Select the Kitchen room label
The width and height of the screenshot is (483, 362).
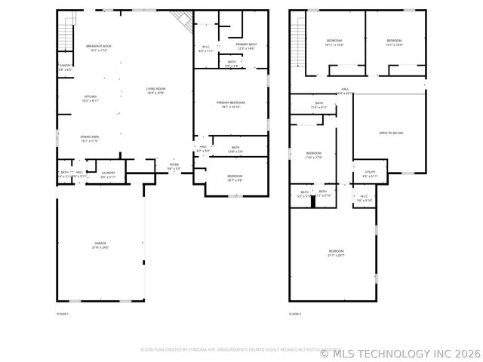click(90, 98)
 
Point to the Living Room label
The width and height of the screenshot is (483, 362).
click(155, 91)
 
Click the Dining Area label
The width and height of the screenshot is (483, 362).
click(90, 139)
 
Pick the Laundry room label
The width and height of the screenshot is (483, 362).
click(108, 174)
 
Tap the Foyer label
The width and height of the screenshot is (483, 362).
click(174, 166)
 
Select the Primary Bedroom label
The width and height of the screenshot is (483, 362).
click(231, 104)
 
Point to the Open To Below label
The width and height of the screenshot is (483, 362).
click(390, 133)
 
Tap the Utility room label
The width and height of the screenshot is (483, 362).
click(370, 174)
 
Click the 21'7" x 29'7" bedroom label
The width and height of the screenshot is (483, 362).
click(336, 253)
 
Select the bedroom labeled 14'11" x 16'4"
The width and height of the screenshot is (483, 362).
click(334, 42)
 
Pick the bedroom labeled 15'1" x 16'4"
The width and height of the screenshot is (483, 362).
click(394, 42)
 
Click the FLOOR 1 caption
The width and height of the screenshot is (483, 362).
click(63, 313)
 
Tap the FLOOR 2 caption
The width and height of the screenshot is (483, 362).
click(294, 313)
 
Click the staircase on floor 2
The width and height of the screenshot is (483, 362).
click(297, 38)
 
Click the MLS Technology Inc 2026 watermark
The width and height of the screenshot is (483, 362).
click(400, 352)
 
